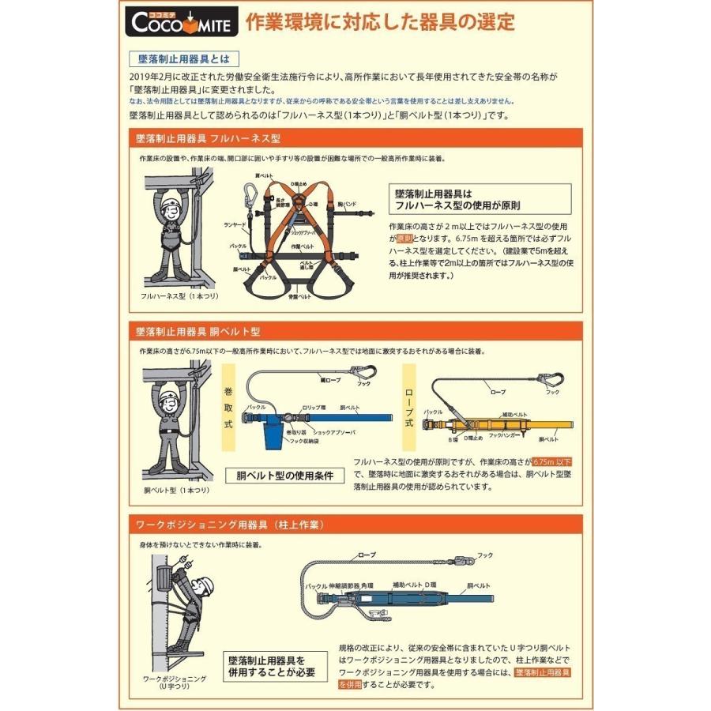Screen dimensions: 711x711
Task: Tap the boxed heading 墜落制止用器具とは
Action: [x=182, y=60]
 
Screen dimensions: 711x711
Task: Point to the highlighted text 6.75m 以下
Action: [x=552, y=461]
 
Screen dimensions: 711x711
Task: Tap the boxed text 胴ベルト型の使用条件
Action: [x=286, y=476]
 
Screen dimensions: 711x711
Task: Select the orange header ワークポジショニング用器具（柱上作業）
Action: [x=230, y=525]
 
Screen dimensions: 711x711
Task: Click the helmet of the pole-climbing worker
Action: [x=204, y=585]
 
